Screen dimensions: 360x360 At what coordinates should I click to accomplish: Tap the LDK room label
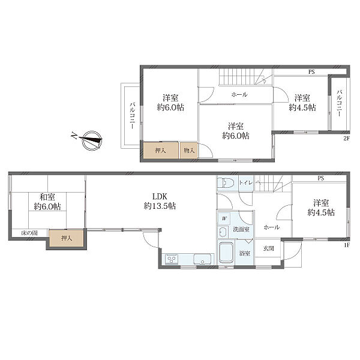160,197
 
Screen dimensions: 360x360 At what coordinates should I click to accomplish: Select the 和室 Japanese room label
47,197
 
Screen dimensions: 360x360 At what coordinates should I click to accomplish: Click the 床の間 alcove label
29,233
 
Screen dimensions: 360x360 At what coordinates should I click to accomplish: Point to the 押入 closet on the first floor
67,238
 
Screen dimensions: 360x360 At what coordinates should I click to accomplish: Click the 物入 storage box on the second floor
189,151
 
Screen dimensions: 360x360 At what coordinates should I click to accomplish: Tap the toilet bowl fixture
226,183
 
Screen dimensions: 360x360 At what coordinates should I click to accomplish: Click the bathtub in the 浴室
226,253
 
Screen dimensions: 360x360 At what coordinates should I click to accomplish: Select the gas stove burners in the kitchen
172,259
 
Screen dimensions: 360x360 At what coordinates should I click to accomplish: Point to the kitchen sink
202,259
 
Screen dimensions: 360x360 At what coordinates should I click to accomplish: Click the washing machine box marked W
224,219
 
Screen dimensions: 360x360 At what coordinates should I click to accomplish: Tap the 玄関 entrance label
268,248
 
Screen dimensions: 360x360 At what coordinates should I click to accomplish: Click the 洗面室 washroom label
241,229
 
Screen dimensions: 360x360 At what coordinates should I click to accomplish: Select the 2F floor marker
346,139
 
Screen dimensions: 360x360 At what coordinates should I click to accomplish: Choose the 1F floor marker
347,245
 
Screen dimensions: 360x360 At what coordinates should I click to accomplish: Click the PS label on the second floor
311,72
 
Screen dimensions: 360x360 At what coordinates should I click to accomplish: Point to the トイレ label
245,183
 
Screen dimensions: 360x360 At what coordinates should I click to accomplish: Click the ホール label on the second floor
239,94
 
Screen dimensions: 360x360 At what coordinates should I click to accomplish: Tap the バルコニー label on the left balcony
133,116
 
